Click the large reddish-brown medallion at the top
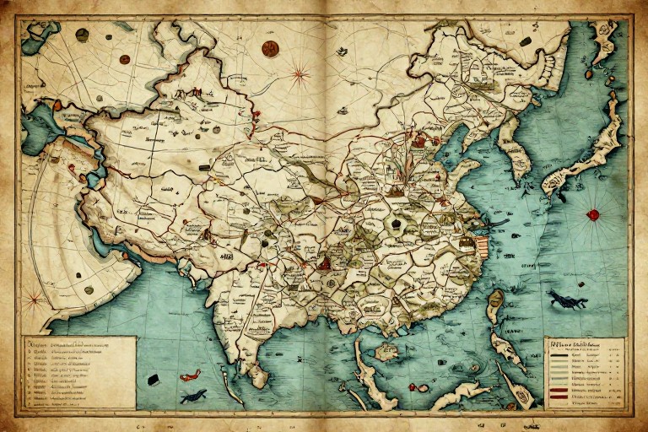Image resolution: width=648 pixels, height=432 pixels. coord(270,48)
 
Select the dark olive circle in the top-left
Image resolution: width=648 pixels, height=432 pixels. coord(82,35)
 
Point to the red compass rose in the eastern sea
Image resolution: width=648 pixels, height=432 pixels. coord(593,214)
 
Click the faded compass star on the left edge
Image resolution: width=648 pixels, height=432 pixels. coord(34,297)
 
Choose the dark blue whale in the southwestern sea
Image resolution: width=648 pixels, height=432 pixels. coord(193,394)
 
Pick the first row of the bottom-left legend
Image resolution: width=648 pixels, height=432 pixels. coord(76,346)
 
